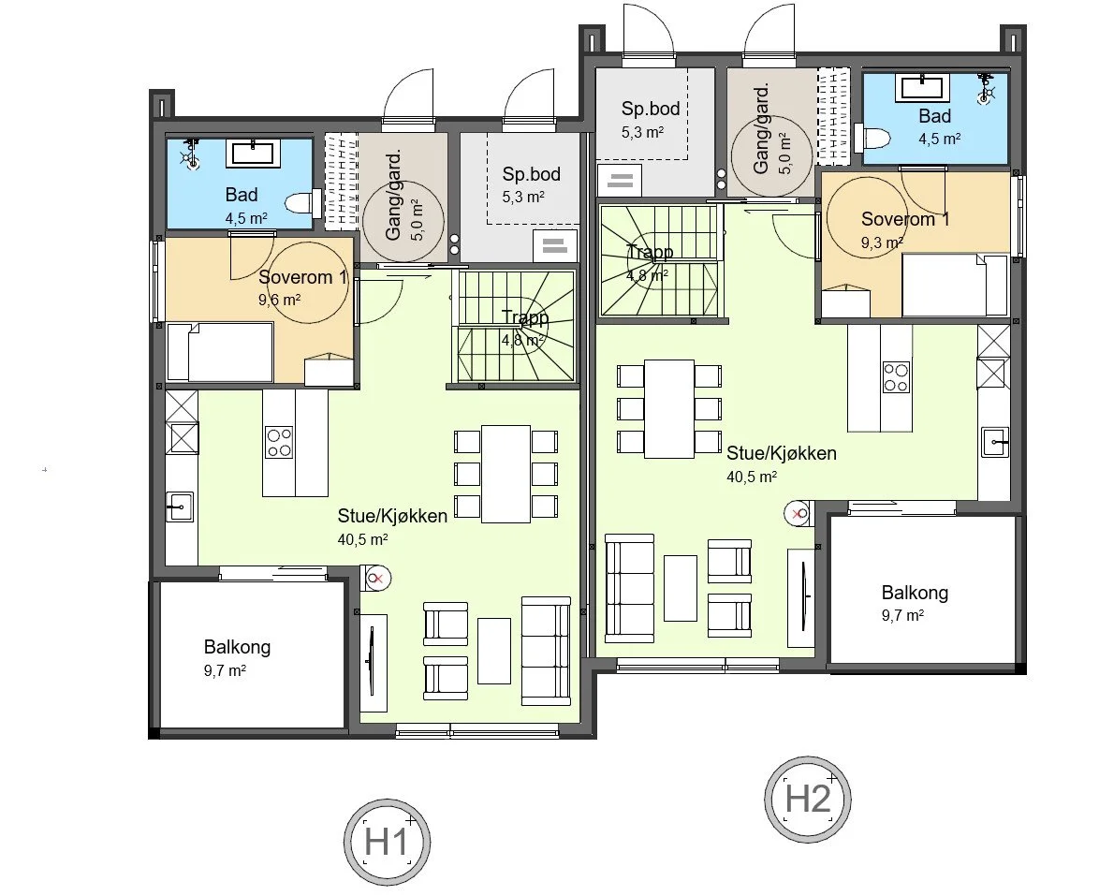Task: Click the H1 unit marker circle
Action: click(388, 842)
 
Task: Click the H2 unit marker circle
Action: click(808, 800)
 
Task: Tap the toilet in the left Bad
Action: click(300, 203)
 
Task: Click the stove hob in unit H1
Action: click(279, 441)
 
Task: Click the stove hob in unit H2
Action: click(896, 376)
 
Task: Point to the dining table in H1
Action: click(506, 473)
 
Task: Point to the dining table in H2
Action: click(669, 408)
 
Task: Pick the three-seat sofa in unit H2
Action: click(630, 588)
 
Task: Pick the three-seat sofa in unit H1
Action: click(546, 651)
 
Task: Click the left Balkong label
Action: click(237, 647)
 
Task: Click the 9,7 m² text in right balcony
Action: click(902, 615)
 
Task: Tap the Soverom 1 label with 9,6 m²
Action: click(302, 278)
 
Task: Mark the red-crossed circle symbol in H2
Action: click(798, 513)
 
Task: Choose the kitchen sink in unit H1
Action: click(179, 507)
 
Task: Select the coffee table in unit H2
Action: click(681, 588)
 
